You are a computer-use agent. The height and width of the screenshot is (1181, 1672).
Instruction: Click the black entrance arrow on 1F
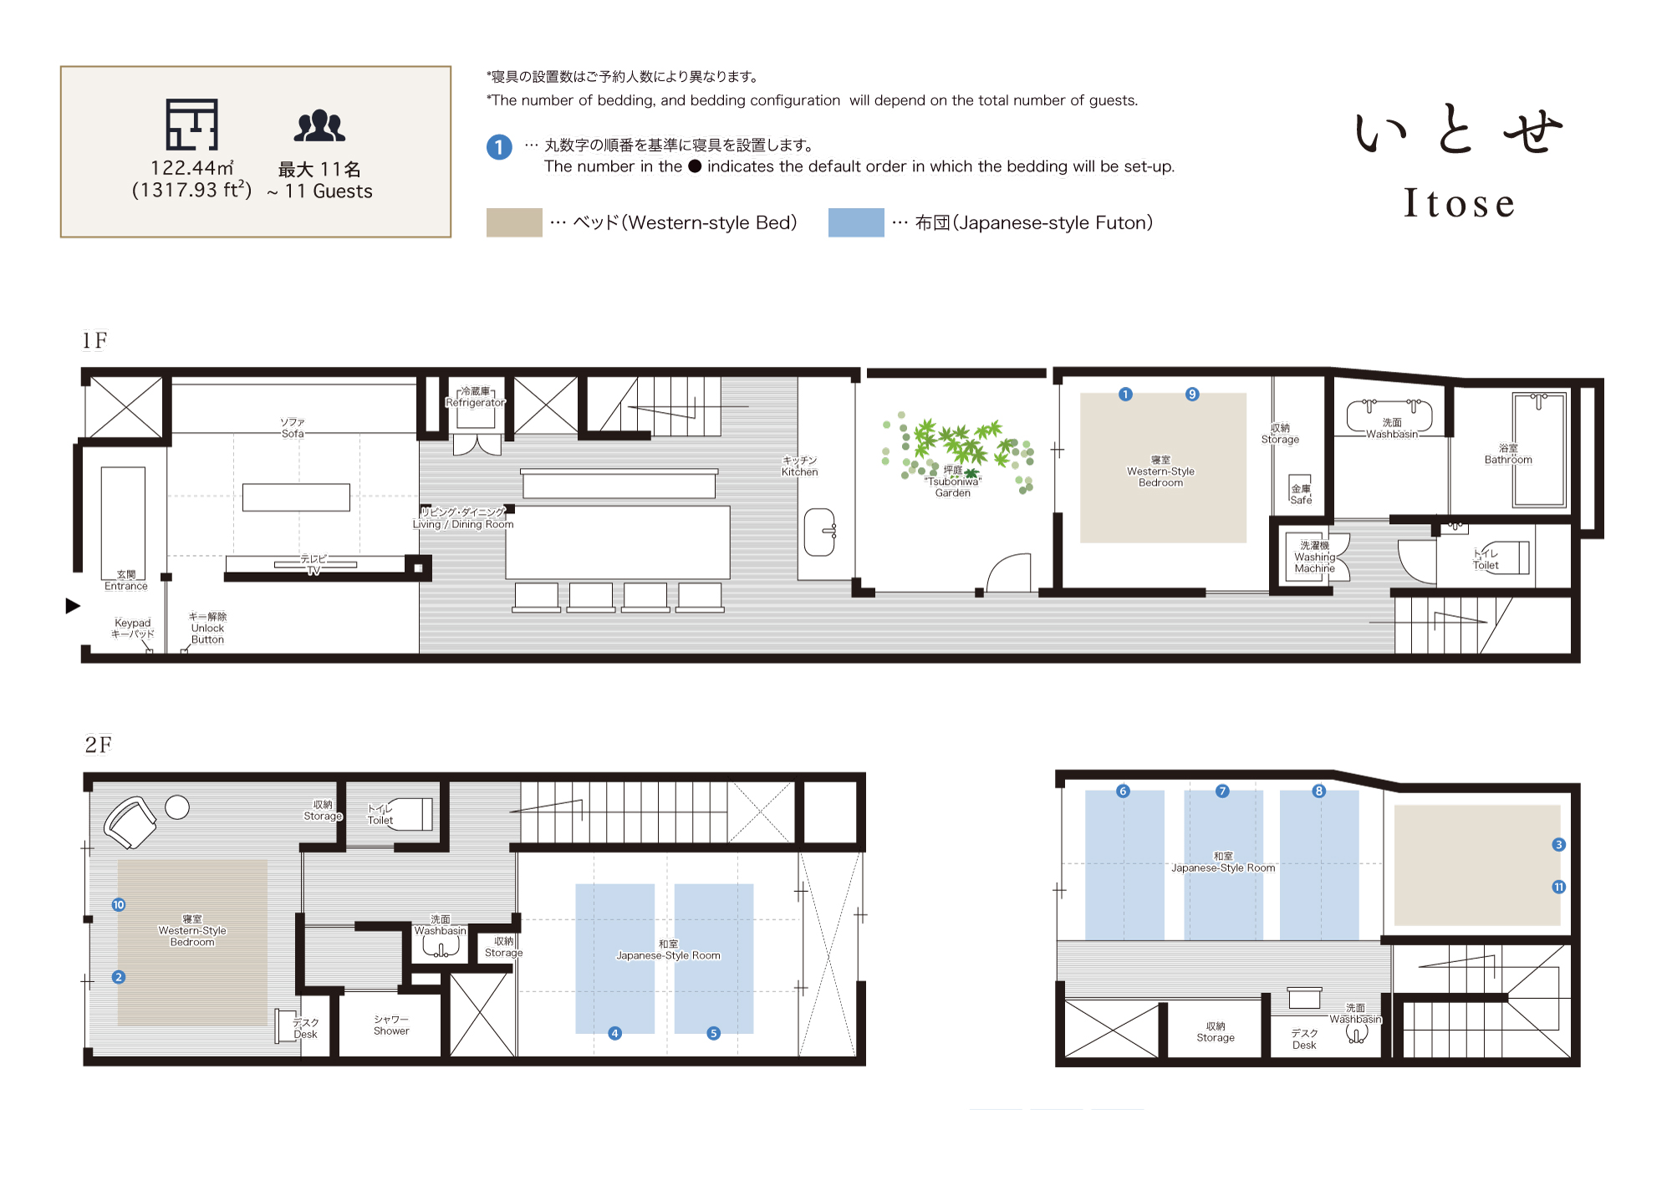[x=73, y=606]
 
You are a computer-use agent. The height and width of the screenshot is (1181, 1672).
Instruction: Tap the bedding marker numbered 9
[x=1192, y=395]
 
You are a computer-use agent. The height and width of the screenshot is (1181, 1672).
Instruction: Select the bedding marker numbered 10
[x=119, y=905]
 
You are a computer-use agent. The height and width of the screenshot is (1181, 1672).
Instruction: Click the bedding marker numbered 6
[x=1123, y=792]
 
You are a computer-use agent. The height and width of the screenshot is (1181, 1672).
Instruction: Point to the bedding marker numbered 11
[x=1558, y=888]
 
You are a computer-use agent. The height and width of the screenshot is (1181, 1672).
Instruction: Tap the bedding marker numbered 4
[x=614, y=1034]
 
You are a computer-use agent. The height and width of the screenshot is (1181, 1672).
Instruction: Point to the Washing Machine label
[x=1315, y=557]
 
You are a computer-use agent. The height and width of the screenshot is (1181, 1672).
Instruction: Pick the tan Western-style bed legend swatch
[x=514, y=222]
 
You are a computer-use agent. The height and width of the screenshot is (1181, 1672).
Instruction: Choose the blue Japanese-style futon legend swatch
[x=856, y=222]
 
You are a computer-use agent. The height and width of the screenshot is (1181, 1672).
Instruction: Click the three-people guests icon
[x=319, y=126]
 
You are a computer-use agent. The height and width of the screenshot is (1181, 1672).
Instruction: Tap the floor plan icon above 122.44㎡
[x=191, y=125]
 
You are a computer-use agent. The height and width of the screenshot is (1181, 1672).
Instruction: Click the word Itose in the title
[x=1459, y=202]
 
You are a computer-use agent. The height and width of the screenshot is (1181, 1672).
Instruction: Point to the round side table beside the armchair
[x=177, y=807]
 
